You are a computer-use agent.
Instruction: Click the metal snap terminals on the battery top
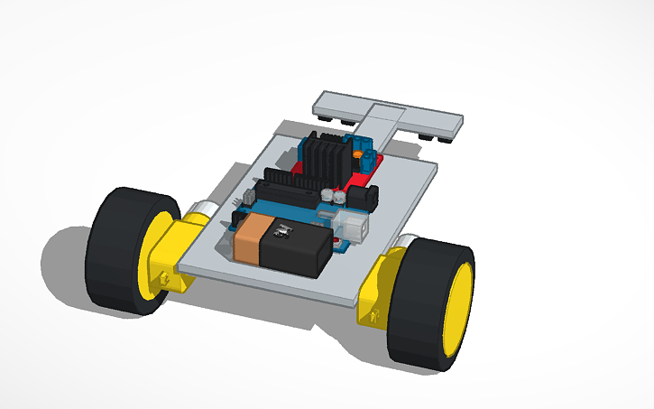click(x=282, y=232)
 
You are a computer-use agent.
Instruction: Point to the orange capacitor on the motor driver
click(x=358, y=156)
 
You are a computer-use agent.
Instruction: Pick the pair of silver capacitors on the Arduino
click(x=333, y=195)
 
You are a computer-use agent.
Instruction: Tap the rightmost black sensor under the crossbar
click(x=447, y=137)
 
